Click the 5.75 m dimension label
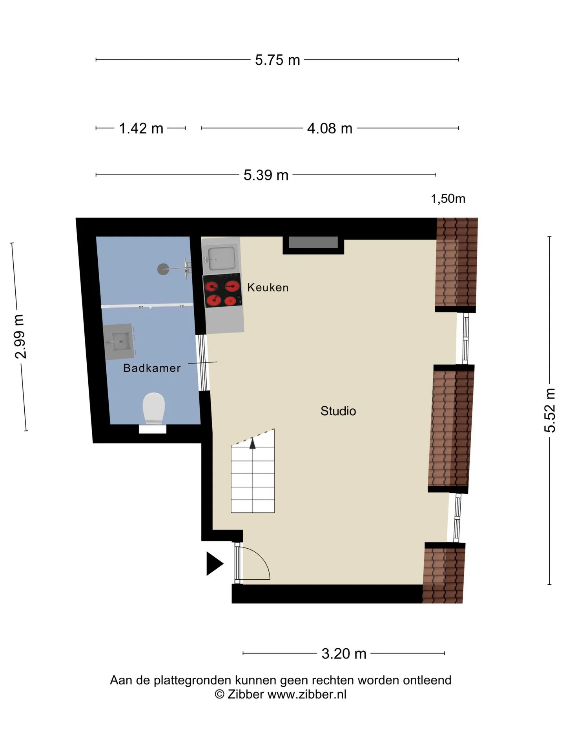click(x=277, y=60)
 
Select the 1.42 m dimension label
click(x=141, y=128)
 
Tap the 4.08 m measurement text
click(x=330, y=128)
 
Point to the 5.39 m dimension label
click(x=266, y=175)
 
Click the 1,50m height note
click(x=448, y=199)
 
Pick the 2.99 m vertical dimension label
click(x=20, y=336)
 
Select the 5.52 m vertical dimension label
click(x=550, y=410)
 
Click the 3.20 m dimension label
click(x=344, y=654)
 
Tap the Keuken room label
click(x=268, y=287)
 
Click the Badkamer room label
click(x=152, y=368)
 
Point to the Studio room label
click(x=338, y=411)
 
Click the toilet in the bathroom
click(x=153, y=409)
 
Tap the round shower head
click(x=163, y=269)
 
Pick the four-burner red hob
click(x=222, y=291)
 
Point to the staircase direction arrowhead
click(x=253, y=443)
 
